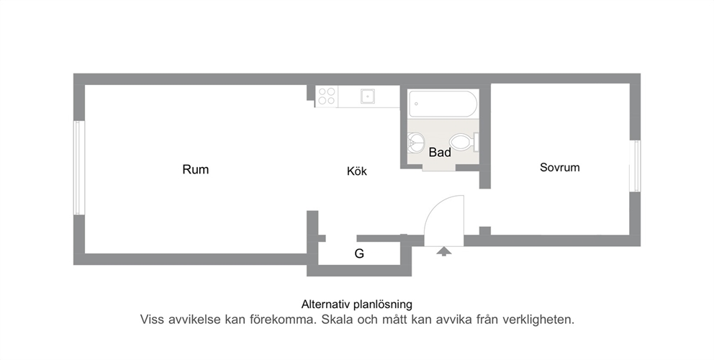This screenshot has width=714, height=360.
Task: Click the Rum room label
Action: tap(195, 169)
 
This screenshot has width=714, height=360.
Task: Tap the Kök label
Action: tap(356, 171)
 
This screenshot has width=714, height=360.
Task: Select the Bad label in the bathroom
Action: tap(440, 152)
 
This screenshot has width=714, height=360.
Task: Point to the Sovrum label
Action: tap(560, 167)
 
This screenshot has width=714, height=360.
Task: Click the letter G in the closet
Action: tap(359, 254)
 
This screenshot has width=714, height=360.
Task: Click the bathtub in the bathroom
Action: tap(443, 104)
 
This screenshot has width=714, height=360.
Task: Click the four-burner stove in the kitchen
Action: tap(327, 96)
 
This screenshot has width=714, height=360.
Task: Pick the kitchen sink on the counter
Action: tap(368, 96)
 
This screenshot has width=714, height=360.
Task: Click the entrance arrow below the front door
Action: tap(443, 251)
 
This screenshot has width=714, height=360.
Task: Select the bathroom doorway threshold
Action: tap(439, 168)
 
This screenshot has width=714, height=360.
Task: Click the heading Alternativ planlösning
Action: tap(356, 304)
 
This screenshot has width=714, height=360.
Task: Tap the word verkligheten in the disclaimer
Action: tap(538, 320)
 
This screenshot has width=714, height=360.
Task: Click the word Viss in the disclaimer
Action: tap(152, 320)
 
